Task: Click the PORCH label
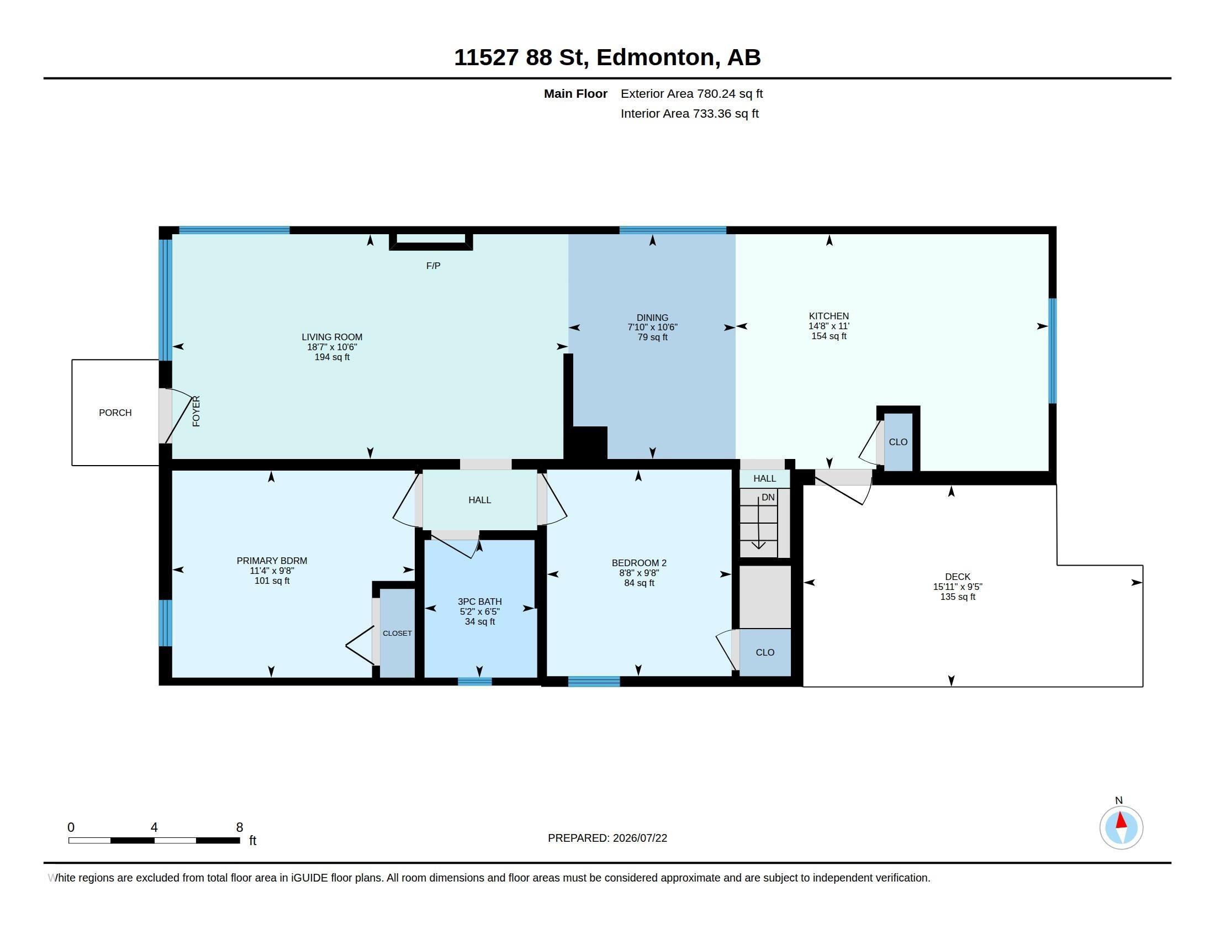[115, 413]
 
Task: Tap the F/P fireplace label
[434, 266]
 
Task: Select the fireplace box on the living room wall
[431, 242]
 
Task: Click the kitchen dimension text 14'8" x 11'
[829, 326]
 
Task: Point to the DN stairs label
[768, 497]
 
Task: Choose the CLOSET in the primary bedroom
[397, 633]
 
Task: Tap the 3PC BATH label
[479, 602]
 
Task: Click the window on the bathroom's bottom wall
[475, 682]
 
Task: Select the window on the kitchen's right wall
[1053, 351]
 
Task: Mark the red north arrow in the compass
[1122, 820]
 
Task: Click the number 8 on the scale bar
[240, 827]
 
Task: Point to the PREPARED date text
[607, 838]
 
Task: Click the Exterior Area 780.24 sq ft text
[691, 93]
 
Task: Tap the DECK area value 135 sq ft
[958, 597]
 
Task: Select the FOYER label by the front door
[196, 412]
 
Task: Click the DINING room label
[653, 318]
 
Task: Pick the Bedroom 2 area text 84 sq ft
[639, 583]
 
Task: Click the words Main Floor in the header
[576, 93]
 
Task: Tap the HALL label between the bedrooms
[479, 500]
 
